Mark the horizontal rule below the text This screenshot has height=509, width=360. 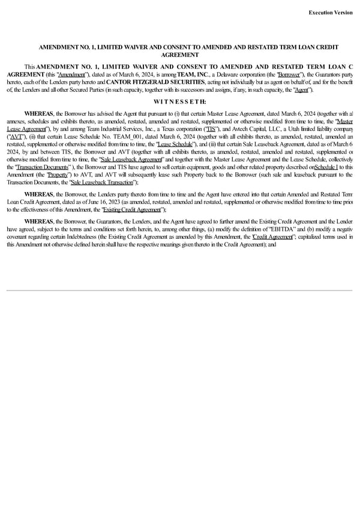pyautogui.click(x=179, y=291)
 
